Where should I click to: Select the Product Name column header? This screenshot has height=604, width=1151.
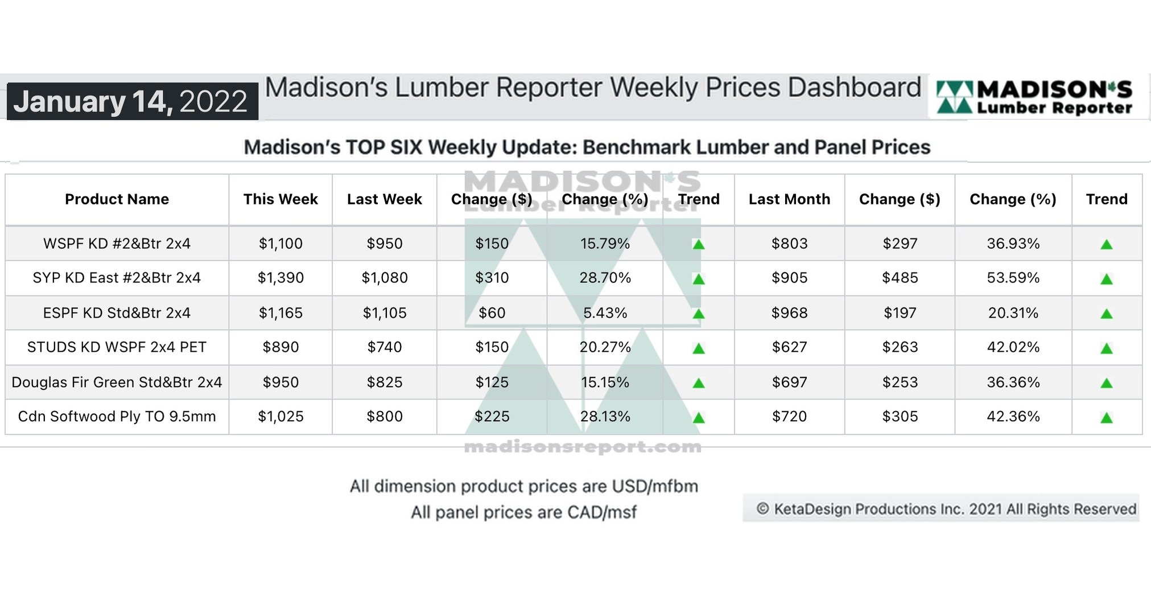point(117,199)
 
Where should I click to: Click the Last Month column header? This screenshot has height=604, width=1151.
point(789,199)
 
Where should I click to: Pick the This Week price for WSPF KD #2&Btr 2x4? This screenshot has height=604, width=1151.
point(280,244)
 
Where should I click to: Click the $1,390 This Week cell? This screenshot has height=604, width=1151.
point(280,278)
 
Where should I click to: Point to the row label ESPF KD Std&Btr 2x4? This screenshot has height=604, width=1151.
point(117,313)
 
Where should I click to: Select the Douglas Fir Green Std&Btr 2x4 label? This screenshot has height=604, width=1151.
point(117,382)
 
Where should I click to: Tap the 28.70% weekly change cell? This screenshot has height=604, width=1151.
point(605,278)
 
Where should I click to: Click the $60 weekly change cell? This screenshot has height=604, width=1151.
point(492,313)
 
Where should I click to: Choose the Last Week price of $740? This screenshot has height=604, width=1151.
point(385,347)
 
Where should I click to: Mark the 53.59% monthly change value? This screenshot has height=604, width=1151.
point(1013,278)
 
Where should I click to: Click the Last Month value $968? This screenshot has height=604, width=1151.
point(789,313)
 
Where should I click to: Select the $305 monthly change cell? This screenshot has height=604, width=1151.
point(900,417)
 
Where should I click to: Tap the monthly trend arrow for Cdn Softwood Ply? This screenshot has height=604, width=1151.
point(1106,418)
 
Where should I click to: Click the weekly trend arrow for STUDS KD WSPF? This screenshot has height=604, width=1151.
point(699,348)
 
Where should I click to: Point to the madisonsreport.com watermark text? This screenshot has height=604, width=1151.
point(583,447)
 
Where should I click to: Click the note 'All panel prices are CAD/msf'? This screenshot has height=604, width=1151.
point(523,512)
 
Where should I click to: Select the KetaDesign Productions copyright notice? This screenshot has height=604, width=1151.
point(946,509)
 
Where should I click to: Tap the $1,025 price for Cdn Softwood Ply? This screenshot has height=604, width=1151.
point(280,417)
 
